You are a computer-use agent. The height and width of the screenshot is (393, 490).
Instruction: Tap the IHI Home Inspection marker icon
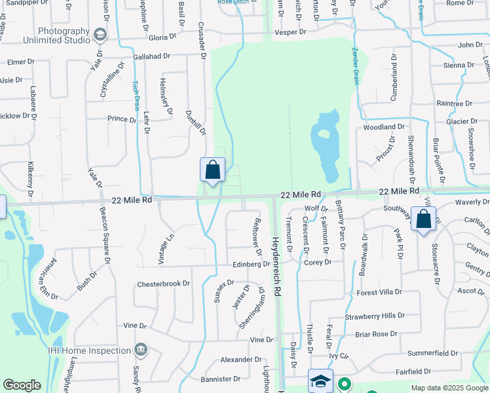pos(140,350)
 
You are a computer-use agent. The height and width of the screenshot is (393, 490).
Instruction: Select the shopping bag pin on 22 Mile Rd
pos(212,170)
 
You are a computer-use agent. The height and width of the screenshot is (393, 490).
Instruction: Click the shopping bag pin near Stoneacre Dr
pos(424,219)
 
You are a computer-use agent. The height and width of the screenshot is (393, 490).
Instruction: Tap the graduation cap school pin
pos(320,381)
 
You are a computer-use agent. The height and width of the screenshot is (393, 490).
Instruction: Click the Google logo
pos(22,385)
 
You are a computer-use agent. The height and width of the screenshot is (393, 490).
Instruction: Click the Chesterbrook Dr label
pos(163,284)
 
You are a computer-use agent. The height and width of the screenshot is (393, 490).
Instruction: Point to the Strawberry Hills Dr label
pos(375,316)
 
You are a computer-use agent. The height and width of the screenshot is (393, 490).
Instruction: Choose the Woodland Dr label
pos(383,126)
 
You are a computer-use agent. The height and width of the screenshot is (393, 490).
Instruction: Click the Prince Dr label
pos(121,119)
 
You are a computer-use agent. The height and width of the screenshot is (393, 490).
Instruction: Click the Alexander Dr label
pos(240,360)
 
